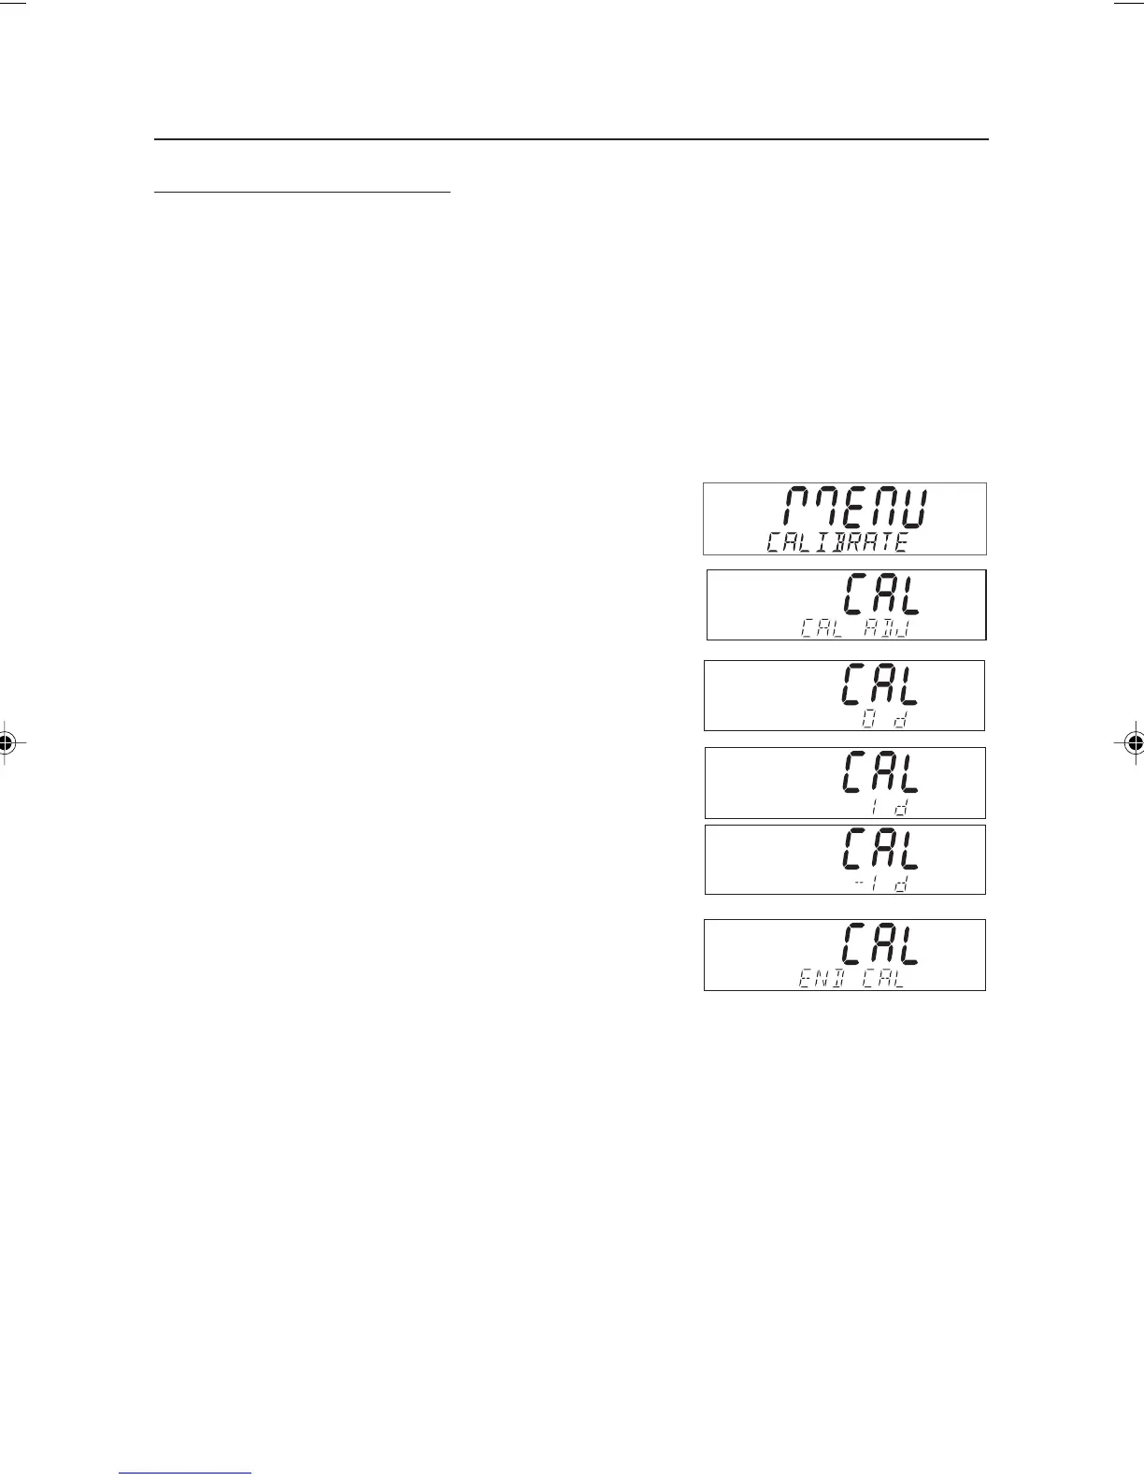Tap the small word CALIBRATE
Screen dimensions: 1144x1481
(x=837, y=542)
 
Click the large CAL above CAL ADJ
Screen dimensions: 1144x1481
(x=880, y=595)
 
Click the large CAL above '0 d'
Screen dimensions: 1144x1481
(x=880, y=684)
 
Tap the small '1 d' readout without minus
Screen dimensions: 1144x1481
(x=889, y=806)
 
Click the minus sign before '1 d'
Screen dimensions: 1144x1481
(x=858, y=884)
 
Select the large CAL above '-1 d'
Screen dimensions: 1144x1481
(x=880, y=849)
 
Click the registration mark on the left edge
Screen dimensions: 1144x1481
(x=7, y=743)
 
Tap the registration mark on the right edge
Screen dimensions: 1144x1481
(x=1133, y=743)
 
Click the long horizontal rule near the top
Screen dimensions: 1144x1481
(x=570, y=139)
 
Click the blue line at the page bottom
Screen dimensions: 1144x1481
(x=186, y=1473)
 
